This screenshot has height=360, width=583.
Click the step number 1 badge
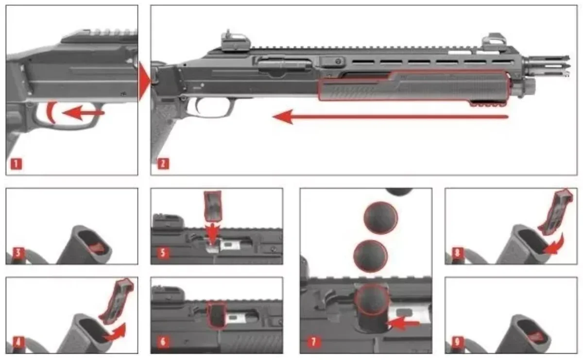(16, 164)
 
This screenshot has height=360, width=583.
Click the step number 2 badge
(163, 164)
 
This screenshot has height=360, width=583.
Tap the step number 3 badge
(18, 253)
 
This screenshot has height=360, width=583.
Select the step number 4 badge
(18, 342)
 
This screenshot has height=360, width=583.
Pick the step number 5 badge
(163, 253)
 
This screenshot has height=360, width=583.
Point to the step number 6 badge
(163, 342)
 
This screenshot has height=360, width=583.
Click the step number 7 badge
(313, 342)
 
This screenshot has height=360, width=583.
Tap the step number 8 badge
(457, 253)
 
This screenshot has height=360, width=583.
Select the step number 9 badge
(457, 342)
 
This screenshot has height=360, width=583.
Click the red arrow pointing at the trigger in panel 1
(83, 113)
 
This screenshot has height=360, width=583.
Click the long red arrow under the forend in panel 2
(390, 117)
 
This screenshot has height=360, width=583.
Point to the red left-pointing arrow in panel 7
(403, 324)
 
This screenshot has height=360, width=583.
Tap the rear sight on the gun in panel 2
(235, 42)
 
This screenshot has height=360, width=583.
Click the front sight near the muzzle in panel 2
(494, 42)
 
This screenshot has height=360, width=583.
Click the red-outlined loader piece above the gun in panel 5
(213, 206)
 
